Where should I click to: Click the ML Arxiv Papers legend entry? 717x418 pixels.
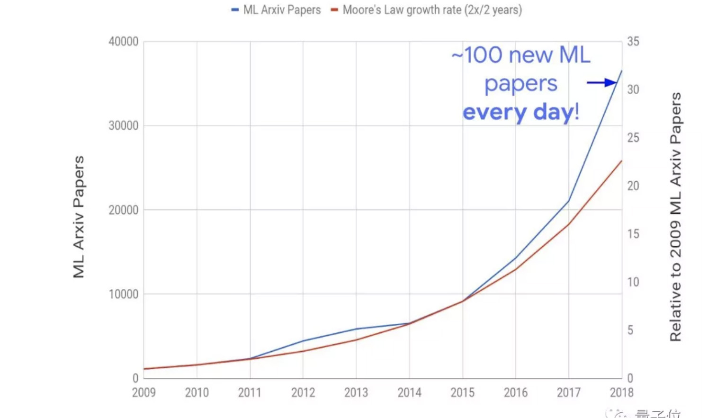276,10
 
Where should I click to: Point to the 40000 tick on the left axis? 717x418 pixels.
124,42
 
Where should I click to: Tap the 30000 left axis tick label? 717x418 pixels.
124,125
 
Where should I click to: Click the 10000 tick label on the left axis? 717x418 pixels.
124,294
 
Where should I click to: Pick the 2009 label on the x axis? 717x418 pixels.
143,392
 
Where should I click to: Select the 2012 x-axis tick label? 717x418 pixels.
303,392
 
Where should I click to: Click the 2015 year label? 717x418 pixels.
462,392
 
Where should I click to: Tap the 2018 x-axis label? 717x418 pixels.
621,392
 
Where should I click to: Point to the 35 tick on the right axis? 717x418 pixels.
633,42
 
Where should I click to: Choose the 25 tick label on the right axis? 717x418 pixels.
633,138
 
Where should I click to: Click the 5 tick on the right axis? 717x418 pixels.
630,330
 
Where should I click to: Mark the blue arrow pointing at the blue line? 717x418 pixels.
602,83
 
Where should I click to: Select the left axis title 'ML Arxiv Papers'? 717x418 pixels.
79,217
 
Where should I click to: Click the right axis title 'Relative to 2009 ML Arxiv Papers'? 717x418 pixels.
675,217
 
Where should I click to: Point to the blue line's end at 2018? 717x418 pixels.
621,71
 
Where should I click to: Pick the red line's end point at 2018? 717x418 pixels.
621,161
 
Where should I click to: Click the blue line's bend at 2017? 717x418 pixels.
568,201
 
